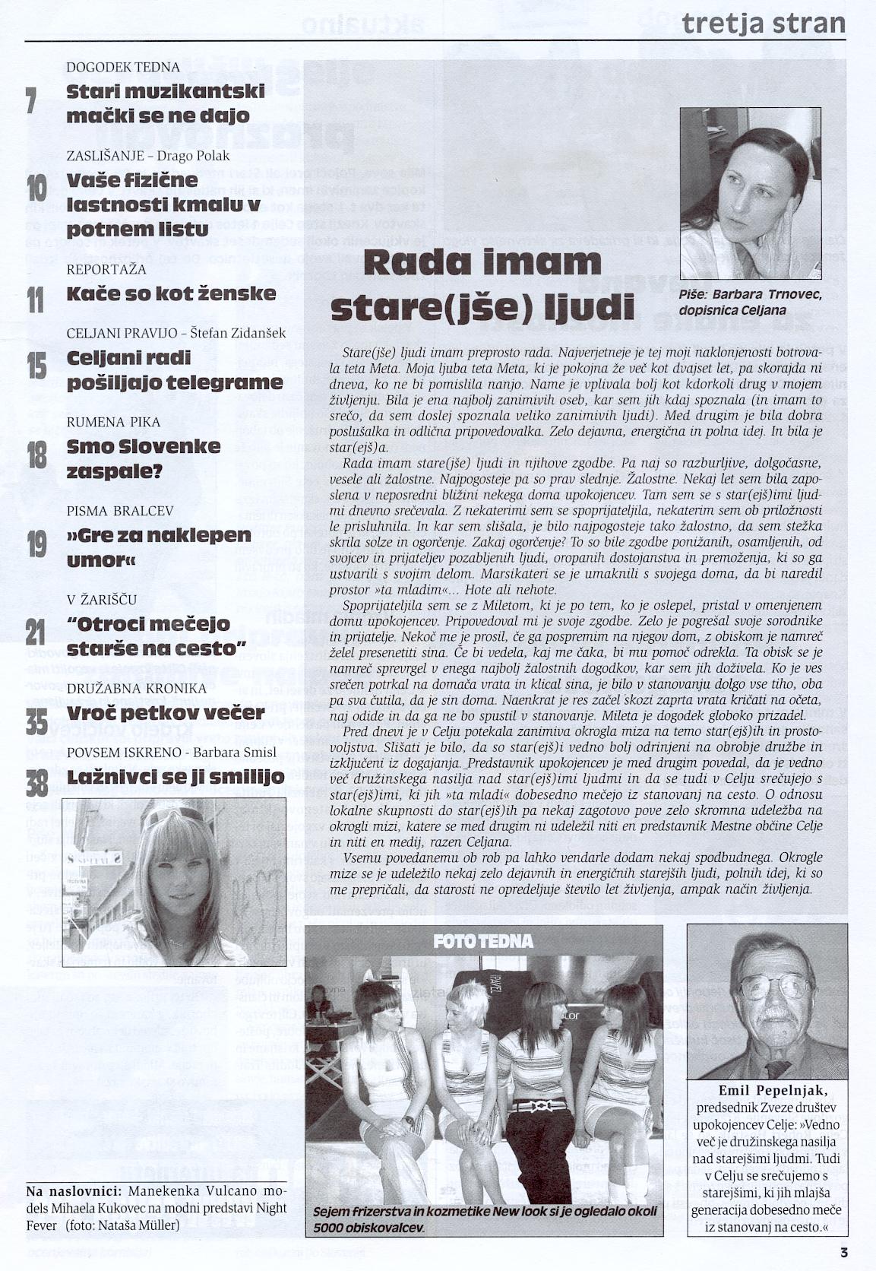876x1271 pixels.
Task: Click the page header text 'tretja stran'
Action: pos(763,23)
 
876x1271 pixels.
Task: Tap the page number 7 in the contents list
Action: pos(31,102)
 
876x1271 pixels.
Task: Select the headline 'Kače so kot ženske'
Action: pos(172,294)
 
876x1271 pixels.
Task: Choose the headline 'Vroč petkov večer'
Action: pos(164,714)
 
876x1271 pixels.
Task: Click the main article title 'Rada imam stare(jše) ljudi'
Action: pos(482,285)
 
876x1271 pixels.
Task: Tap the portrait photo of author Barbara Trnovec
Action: pos(750,194)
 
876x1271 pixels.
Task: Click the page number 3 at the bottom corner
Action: pos(843,1253)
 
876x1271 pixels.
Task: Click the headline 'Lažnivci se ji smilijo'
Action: pos(176,777)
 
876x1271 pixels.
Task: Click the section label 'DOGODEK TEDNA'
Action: pos(123,67)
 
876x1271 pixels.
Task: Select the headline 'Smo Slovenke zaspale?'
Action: pos(144,458)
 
